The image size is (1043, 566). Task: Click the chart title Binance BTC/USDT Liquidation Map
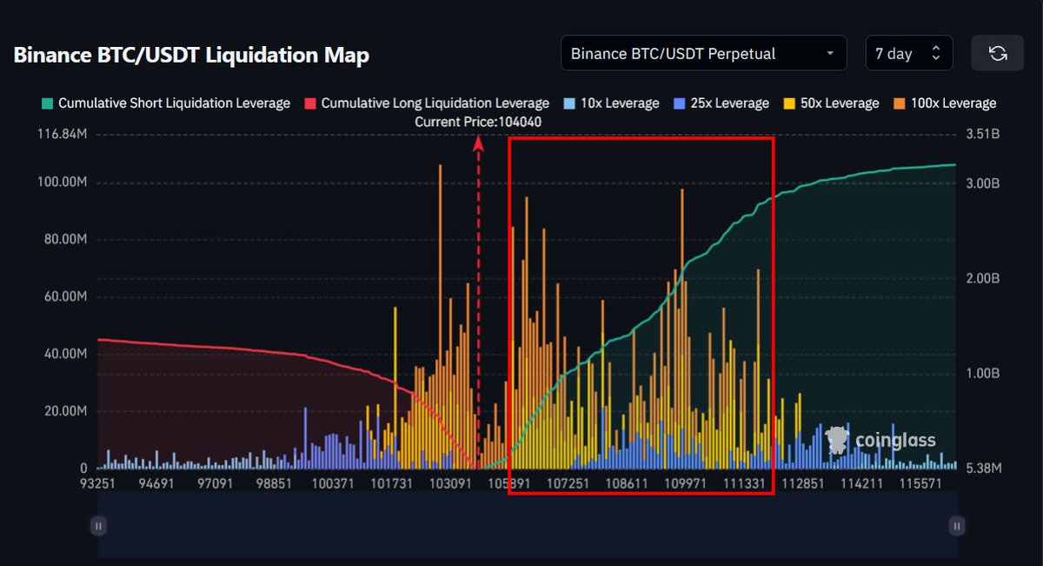click(x=191, y=55)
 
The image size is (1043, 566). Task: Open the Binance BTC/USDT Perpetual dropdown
click(x=703, y=54)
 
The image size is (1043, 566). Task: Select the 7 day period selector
click(x=908, y=54)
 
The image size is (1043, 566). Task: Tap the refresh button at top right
click(x=998, y=54)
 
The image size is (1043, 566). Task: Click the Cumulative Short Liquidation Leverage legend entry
click(x=165, y=103)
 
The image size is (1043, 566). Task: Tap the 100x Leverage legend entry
click(x=945, y=103)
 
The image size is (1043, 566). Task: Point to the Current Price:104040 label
click(x=478, y=122)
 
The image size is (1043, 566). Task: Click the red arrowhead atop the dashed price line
click(x=478, y=144)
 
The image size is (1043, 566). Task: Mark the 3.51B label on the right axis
click(x=984, y=135)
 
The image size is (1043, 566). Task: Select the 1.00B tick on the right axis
click(x=984, y=373)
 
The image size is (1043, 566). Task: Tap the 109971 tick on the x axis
click(x=681, y=483)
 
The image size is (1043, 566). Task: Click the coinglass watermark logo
click(x=880, y=440)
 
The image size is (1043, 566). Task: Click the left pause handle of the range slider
click(x=98, y=525)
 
